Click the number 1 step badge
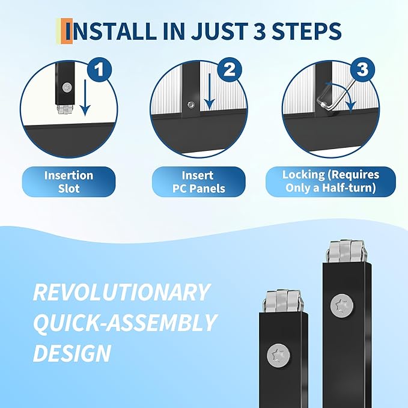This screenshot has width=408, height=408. (99, 70)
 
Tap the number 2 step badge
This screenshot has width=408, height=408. (230, 70)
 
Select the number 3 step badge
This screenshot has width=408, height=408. (362, 70)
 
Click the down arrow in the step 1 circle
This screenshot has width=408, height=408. (85, 98)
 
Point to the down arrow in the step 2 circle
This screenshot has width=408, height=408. (209, 95)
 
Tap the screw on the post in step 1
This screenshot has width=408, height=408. (67, 87)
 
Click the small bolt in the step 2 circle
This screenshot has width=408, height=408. (191, 105)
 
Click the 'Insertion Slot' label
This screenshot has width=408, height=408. (69, 181)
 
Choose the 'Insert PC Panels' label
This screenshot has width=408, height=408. (198, 181)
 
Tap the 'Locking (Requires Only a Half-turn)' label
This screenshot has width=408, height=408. (330, 181)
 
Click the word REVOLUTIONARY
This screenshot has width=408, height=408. (121, 292)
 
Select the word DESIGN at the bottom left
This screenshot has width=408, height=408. (72, 353)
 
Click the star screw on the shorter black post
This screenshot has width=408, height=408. (278, 355)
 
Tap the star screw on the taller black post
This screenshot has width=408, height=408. (342, 306)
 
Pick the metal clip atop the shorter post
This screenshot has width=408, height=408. (283, 301)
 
